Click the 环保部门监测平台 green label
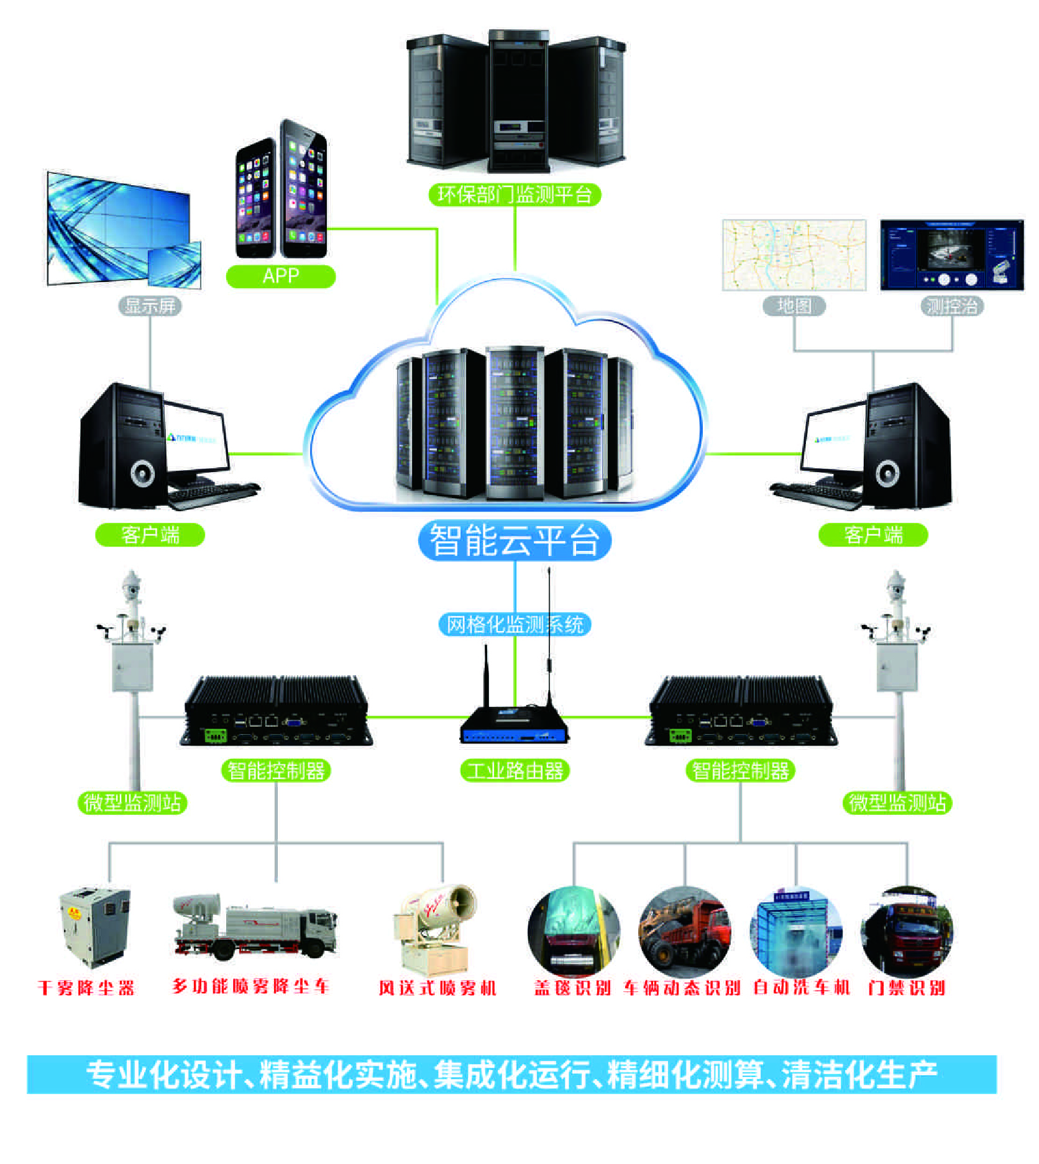pyautogui.click(x=515, y=194)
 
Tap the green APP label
pyautogui.click(x=280, y=276)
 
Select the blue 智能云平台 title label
pyautogui.click(x=515, y=540)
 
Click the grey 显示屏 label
pyautogui.click(x=150, y=306)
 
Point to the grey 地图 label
pyautogui.click(x=794, y=306)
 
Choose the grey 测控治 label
pyautogui.click(x=951, y=306)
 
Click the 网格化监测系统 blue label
pyautogui.click(x=515, y=624)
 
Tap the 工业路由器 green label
pyautogui.click(x=515, y=771)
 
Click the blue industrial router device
pyautogui.click(x=515, y=727)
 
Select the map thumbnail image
pyautogui.click(x=794, y=255)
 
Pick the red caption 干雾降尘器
pyautogui.click(x=86, y=988)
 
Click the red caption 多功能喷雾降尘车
pyautogui.click(x=250, y=986)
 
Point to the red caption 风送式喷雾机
pyautogui.click(x=437, y=988)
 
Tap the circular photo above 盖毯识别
pyautogui.click(x=574, y=932)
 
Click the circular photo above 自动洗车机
pyautogui.click(x=796, y=932)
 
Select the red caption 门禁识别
pyautogui.click(x=907, y=988)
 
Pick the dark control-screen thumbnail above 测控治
pyautogui.click(x=951, y=255)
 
